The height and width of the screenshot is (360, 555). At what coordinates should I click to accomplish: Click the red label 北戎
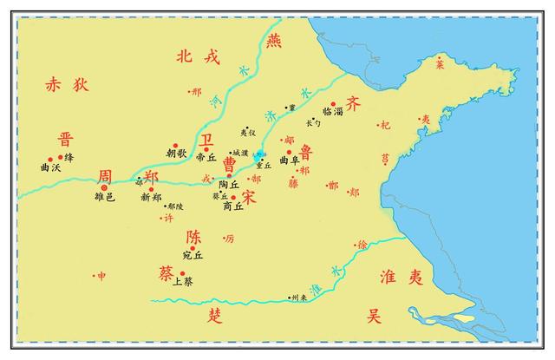tap(198, 57)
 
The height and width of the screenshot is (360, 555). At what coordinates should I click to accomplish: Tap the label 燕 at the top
tap(275, 40)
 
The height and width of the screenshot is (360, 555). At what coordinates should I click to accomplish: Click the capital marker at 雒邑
tap(104, 186)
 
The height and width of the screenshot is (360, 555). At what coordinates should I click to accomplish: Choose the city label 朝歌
tap(176, 154)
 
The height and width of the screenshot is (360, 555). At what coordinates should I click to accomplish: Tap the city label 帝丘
tap(206, 157)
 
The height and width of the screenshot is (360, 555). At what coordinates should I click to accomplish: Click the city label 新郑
tap(151, 198)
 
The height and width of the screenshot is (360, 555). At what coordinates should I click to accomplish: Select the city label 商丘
tap(233, 206)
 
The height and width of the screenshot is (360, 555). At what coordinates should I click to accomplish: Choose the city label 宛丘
tap(193, 256)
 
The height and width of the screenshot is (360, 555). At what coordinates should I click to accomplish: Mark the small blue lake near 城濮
tap(262, 154)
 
